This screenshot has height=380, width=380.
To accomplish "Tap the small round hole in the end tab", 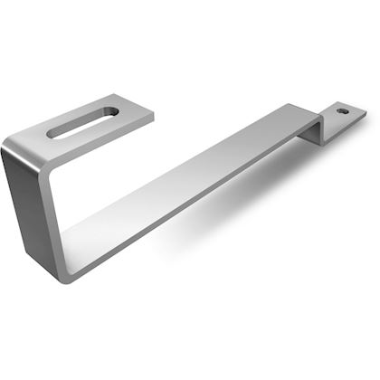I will pos(342,111).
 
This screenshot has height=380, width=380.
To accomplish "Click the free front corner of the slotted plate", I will pos(151,115).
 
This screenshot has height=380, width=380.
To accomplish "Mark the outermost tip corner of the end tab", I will pos(366,114).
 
